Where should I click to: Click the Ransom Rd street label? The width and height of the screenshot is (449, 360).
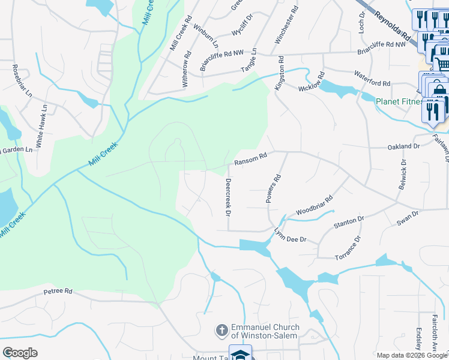point(250,158)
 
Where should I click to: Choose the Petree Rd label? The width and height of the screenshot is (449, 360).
point(58,292)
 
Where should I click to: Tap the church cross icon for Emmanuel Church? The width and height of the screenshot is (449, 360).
point(221,330)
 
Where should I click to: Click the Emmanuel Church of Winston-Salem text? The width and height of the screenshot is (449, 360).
point(264,331)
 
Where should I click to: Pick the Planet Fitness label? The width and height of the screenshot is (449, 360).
point(400,101)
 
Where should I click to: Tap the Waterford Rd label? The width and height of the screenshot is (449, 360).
point(372,83)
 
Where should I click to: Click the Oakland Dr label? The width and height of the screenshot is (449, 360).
point(403,146)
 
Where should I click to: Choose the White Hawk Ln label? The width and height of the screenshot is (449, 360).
point(41,126)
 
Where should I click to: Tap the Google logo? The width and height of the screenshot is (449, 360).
point(20,353)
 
